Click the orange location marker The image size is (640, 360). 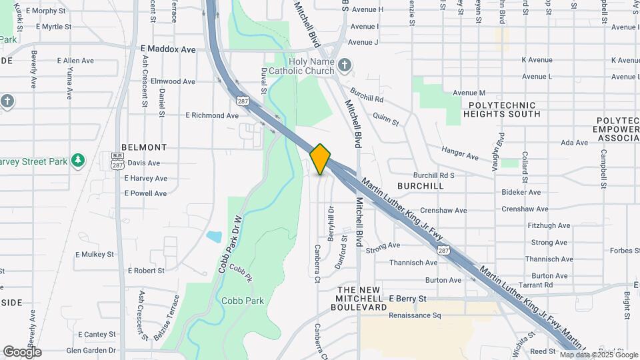(x=321, y=159)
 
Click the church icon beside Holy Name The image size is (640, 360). (x=344, y=65)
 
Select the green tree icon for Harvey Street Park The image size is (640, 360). (x=79, y=161)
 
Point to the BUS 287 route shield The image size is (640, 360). (x=117, y=160)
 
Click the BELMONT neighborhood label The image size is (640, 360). (x=144, y=147)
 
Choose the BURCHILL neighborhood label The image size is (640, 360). (x=420, y=186)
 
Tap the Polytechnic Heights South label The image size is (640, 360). (x=502, y=110)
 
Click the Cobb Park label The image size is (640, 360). (x=244, y=301)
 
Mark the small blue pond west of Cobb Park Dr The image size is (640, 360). (x=214, y=237)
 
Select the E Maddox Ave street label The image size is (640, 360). (x=168, y=49)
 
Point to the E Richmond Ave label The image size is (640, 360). (x=211, y=115)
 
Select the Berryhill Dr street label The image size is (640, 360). (x=330, y=223)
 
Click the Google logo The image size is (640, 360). (x=22, y=351)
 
